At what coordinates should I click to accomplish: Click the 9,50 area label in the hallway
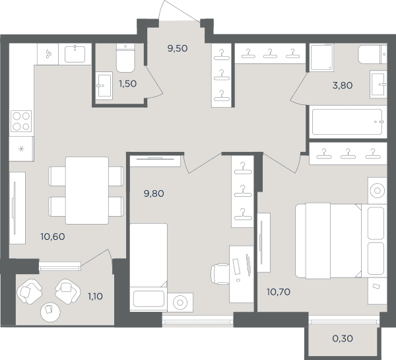tap(178, 48)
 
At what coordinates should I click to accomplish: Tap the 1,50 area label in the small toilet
tap(128, 83)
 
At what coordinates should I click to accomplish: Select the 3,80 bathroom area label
tap(343, 85)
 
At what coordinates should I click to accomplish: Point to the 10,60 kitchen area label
tap(53, 236)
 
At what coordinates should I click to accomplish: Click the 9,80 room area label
tap(154, 194)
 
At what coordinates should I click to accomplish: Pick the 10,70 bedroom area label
tap(279, 292)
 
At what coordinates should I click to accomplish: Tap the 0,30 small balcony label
tap(343, 338)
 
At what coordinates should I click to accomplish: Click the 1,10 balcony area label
tap(95, 297)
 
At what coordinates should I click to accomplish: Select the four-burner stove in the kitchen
tap(21, 121)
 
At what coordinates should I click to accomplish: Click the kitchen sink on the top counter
tap(75, 54)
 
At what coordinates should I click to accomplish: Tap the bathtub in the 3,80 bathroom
tap(348, 122)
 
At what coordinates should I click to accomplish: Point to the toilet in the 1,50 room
tap(125, 58)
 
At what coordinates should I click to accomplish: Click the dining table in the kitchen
tap(87, 190)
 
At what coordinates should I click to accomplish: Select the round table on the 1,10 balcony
tap(50, 312)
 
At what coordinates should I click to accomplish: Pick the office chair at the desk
tap(220, 273)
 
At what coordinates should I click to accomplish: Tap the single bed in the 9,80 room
tap(148, 268)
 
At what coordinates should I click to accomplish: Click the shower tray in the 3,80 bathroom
tap(322, 57)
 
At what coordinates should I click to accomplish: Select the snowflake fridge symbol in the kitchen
tap(22, 149)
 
